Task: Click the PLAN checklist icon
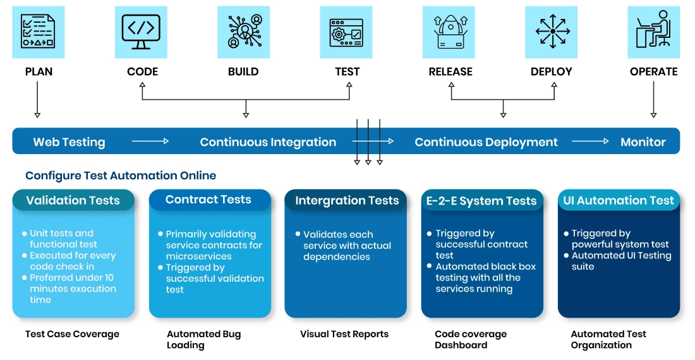38,32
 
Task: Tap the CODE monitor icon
141,32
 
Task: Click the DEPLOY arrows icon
552,32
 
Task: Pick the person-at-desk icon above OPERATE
653,32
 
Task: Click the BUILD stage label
243,71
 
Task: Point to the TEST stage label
347,71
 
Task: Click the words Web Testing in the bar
69,142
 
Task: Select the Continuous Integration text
268,142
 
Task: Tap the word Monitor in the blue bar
643,142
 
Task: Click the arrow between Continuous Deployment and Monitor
591,141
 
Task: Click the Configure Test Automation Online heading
121,176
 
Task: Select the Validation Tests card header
73,200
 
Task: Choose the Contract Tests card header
208,200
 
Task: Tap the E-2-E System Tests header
481,201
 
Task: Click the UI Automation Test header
619,200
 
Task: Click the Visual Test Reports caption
344,334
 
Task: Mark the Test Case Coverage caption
72,334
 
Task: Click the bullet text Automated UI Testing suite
621,261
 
